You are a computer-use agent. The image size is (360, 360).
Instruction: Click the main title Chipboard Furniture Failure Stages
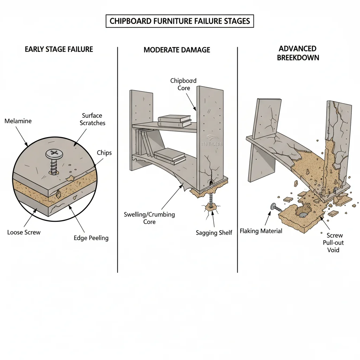point(180,21)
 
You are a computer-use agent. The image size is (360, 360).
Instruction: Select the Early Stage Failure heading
point(59,49)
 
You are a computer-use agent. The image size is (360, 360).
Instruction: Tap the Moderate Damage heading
point(177,50)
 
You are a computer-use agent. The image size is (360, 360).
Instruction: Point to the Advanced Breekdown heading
point(298,53)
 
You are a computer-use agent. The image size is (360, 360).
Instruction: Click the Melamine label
point(18,121)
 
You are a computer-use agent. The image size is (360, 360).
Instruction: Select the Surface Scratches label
point(92,119)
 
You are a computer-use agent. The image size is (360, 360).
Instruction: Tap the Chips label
point(104,153)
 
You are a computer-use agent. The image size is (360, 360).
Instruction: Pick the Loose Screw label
point(24,232)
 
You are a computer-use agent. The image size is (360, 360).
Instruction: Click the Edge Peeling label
point(91,238)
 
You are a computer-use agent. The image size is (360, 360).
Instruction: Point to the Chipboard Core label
point(184,84)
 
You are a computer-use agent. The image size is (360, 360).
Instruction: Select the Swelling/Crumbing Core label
point(149,218)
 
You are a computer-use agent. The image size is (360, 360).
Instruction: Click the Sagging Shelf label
point(214,233)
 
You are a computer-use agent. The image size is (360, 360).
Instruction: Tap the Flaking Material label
point(261,231)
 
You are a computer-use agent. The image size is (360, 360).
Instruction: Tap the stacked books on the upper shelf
point(174,121)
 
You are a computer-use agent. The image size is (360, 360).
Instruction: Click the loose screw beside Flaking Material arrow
point(276,208)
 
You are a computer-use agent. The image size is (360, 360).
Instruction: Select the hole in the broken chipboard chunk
point(302,212)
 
